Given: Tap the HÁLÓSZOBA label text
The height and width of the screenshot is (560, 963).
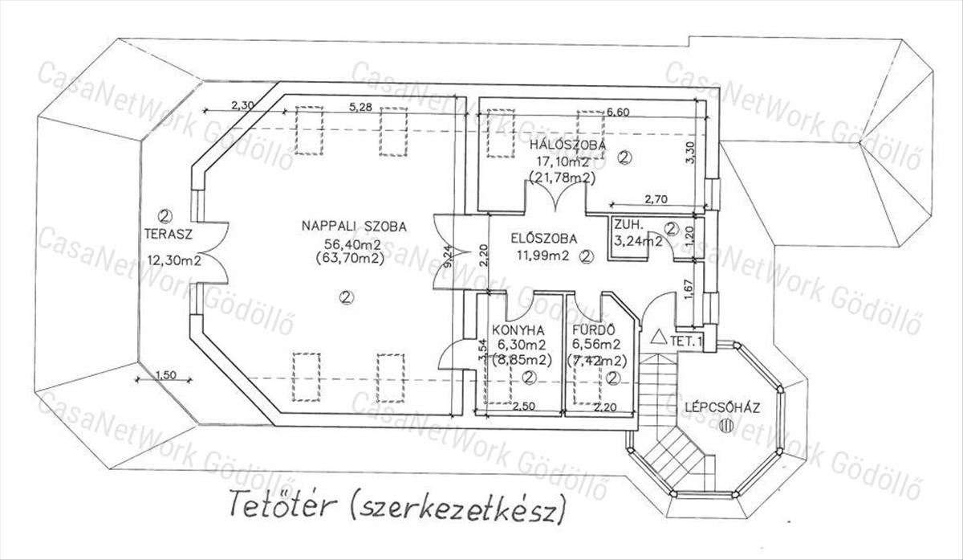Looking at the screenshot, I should tap(567, 145).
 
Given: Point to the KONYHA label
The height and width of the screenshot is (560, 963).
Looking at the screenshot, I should tap(519, 329).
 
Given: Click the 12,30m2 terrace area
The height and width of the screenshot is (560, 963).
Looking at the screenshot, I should tap(173, 259).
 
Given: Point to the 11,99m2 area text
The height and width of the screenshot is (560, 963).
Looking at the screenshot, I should tap(542, 256).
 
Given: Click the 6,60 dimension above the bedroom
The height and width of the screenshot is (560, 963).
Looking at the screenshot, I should tap(617, 112).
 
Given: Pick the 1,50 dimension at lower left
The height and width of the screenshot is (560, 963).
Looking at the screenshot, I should tap(165, 374).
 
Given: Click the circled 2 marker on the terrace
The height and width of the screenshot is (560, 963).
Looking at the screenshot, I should tap(166, 215).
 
